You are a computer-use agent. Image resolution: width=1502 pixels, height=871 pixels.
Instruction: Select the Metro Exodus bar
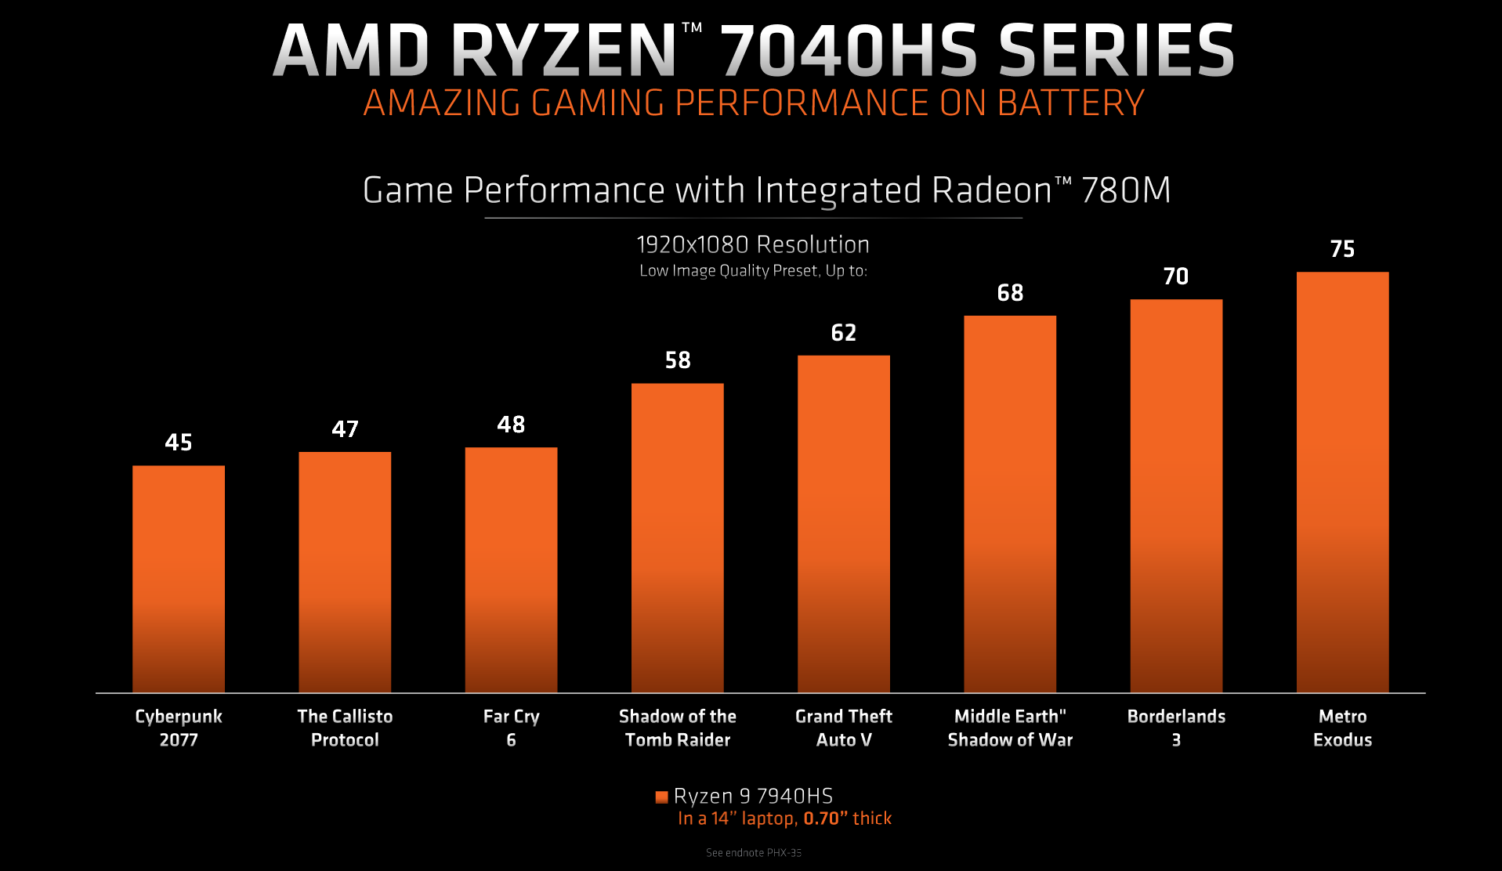coord(1342,482)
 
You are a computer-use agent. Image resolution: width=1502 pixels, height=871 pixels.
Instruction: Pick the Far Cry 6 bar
coord(511,569)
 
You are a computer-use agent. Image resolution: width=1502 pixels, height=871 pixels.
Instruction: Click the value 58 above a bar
coord(678,360)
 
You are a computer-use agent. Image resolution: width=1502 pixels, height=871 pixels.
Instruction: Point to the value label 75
coord(1342,249)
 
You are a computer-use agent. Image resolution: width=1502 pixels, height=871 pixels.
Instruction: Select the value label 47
coord(345,429)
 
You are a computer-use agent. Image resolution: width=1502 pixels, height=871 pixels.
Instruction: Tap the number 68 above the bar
coord(1010,293)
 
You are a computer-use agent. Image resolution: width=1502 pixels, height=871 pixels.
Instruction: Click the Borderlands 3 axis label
coord(1176,728)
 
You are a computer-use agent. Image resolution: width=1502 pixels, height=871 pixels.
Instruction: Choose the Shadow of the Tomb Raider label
coord(678,728)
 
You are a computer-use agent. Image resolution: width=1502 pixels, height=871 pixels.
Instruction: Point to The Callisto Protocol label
coord(345,728)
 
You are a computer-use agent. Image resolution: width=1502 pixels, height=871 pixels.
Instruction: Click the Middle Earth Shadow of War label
coord(1010,728)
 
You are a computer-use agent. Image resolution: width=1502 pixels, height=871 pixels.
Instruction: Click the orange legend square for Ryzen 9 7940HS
coord(661,797)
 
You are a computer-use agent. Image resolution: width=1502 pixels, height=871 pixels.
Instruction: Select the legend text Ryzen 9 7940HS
coord(753,796)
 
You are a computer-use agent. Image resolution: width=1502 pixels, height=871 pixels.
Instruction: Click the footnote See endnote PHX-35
coord(753,853)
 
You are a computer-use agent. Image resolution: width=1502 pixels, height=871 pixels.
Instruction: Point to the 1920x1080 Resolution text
coord(753,245)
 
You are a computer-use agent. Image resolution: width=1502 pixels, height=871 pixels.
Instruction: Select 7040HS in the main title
coord(849,51)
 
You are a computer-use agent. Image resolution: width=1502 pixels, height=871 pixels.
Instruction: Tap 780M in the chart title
coord(1126,190)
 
